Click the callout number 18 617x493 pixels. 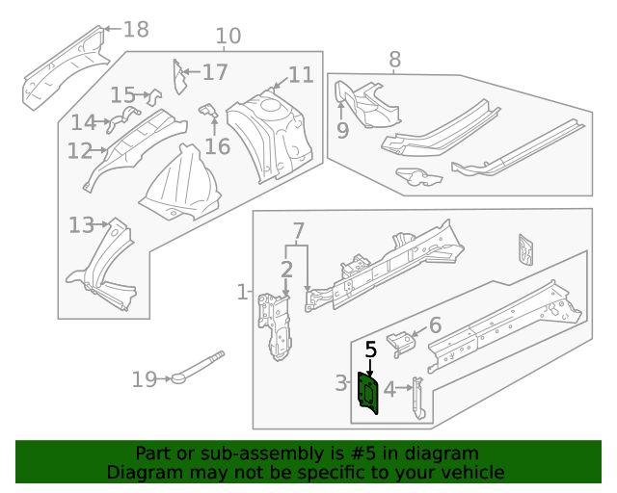136,30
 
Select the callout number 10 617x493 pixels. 228,38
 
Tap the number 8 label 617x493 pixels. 394,61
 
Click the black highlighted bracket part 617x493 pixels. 368,393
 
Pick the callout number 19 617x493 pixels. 144,379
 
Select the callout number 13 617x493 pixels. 81,225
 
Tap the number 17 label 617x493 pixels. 215,72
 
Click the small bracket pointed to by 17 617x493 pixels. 177,77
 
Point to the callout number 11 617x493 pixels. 301,75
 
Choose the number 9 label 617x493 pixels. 342,130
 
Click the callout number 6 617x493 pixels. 435,325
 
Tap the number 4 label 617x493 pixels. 389,389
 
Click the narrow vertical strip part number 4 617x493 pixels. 416,397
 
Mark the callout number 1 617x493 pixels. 242,291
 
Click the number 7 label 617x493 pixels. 298,231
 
